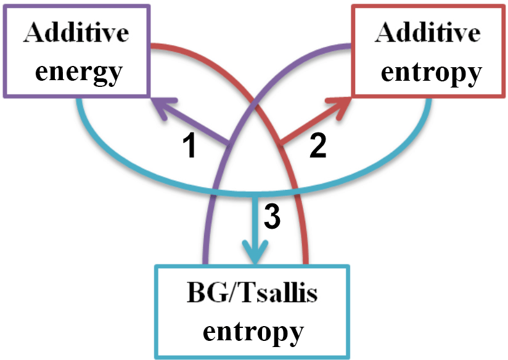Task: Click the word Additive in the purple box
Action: tap(78, 33)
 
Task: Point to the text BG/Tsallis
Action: tap(253, 294)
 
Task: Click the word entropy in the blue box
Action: tap(253, 331)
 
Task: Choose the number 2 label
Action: tap(317, 147)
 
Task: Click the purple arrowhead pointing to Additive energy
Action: tap(162, 103)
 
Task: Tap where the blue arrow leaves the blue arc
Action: tap(254, 195)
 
